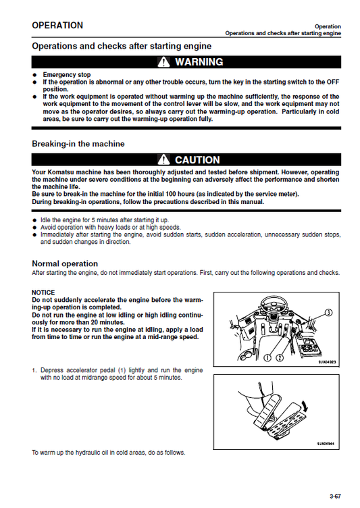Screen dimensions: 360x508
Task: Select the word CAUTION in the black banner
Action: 197,160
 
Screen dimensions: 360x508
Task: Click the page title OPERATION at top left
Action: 57,26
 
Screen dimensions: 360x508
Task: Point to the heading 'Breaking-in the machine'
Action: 78,144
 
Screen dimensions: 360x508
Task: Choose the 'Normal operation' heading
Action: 65,263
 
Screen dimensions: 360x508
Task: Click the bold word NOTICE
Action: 43,293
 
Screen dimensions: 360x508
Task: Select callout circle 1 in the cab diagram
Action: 268,356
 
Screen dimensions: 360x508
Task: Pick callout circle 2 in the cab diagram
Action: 280,356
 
